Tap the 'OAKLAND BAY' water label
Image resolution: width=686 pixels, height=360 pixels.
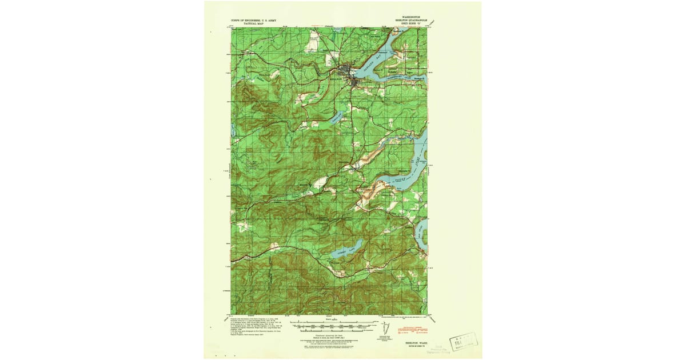(374, 59)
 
